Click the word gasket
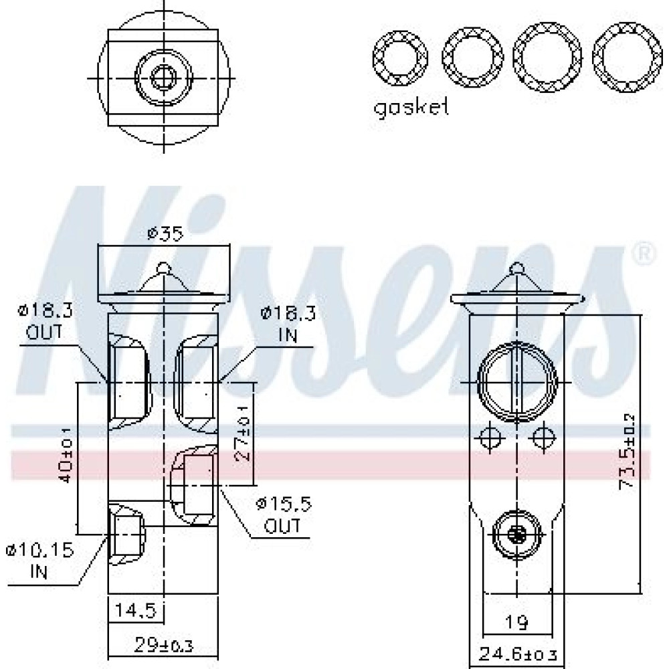(411, 108)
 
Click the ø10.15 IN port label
(39, 560)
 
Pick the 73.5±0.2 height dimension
(628, 452)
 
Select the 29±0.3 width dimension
(164, 645)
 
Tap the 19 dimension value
(516, 622)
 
